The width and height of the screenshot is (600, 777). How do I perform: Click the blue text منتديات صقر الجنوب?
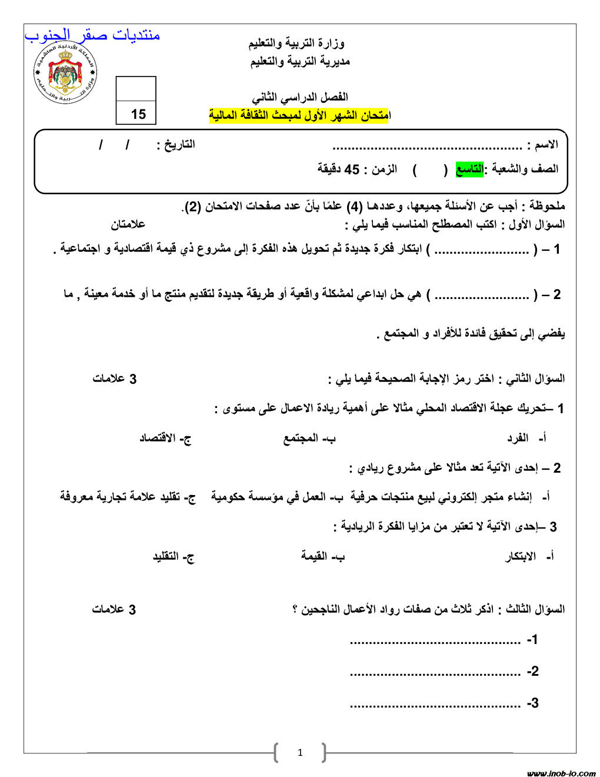(92, 35)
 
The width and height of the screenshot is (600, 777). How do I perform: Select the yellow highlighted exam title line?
(299, 115)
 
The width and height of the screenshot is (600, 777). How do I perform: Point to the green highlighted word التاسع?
(469, 170)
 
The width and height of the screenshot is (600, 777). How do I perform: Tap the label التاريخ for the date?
(176, 145)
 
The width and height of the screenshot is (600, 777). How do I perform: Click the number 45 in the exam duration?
(351, 170)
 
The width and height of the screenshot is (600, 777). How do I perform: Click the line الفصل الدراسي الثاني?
(299, 97)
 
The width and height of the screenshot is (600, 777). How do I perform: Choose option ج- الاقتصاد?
(165, 439)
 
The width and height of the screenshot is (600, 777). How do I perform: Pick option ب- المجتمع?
(309, 439)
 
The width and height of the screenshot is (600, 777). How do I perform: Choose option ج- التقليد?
(174, 557)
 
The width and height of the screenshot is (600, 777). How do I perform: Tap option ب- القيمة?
(322, 557)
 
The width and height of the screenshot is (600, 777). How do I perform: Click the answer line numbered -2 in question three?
(435, 672)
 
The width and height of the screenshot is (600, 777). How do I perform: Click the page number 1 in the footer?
(300, 752)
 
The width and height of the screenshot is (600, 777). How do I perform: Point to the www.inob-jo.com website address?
(561, 773)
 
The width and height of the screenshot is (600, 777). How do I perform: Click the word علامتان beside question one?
(128, 224)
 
